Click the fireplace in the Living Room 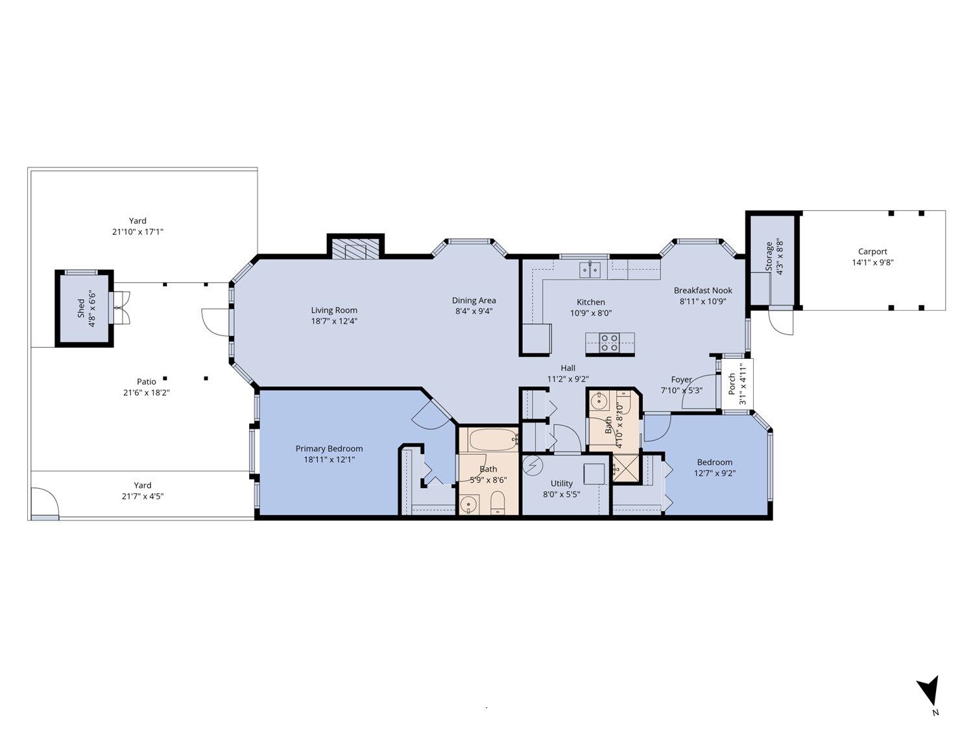tap(355, 250)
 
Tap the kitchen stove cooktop tap(609, 343)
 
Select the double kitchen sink tap(590, 269)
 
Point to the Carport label tap(872, 252)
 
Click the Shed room tap(84, 308)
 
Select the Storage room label tap(769, 257)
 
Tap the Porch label tap(732, 383)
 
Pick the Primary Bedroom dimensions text tap(329, 459)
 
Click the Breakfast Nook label tap(703, 291)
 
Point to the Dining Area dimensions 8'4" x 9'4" tap(474, 311)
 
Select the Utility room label tap(561, 483)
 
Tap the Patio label tap(146, 382)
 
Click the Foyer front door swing tap(697, 396)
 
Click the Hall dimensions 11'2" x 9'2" tap(568, 379)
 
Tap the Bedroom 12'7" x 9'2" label tap(714, 463)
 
